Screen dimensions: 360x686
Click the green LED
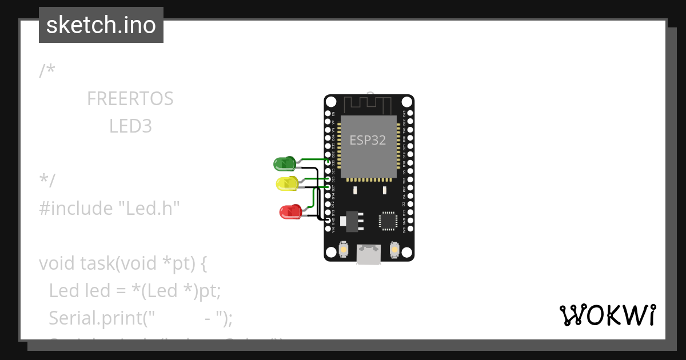[284, 164]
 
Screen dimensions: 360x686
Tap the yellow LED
[286, 183]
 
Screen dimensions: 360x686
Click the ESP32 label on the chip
[368, 140]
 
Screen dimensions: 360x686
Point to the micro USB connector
[369, 254]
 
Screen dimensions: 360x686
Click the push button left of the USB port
[344, 249]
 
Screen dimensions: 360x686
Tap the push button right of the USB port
[394, 249]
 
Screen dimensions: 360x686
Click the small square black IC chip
[388, 220]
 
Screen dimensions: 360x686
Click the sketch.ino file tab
[101, 25]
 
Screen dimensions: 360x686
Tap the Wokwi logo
[607, 315]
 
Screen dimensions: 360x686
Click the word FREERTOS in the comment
[130, 99]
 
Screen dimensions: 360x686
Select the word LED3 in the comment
[130, 126]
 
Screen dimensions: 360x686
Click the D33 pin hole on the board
[328, 162]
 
